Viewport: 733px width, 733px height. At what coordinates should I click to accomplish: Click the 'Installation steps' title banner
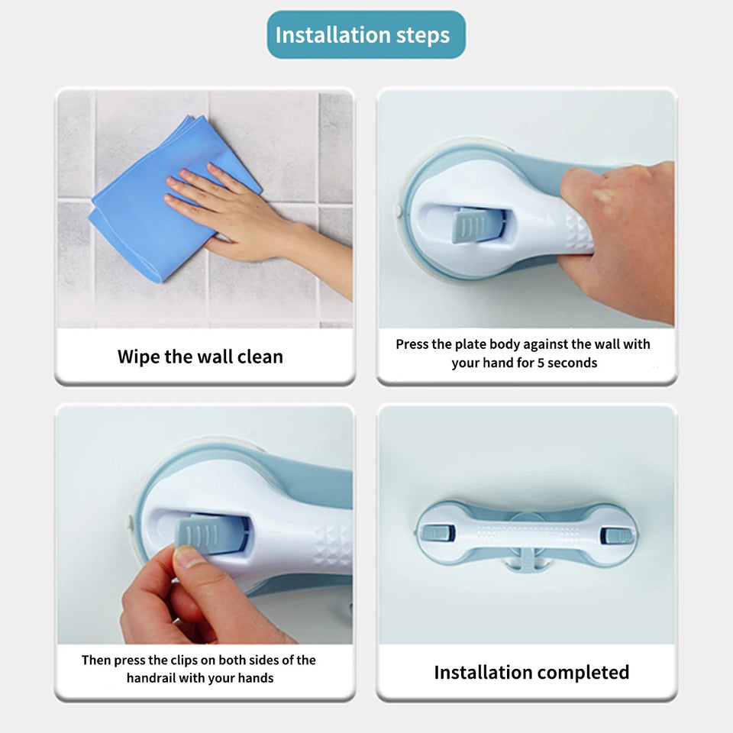click(366, 35)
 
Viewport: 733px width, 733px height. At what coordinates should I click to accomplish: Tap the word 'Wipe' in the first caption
click(138, 357)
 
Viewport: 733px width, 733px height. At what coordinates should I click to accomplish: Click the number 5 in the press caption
click(542, 363)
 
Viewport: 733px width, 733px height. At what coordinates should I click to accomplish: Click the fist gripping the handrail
click(618, 229)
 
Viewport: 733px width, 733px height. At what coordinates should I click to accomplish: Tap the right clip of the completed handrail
click(615, 534)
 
